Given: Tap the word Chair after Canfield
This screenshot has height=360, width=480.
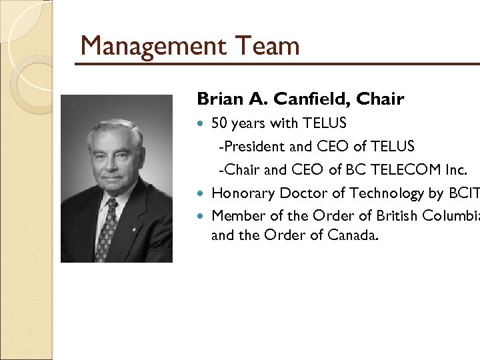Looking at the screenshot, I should [x=380, y=99].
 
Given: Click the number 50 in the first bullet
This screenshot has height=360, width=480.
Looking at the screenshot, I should [x=219, y=123].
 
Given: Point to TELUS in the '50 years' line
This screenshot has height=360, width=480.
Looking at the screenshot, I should [x=324, y=123].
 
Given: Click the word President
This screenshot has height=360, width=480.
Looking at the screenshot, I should [x=251, y=146].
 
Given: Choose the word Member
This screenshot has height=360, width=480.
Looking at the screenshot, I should [x=235, y=216].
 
